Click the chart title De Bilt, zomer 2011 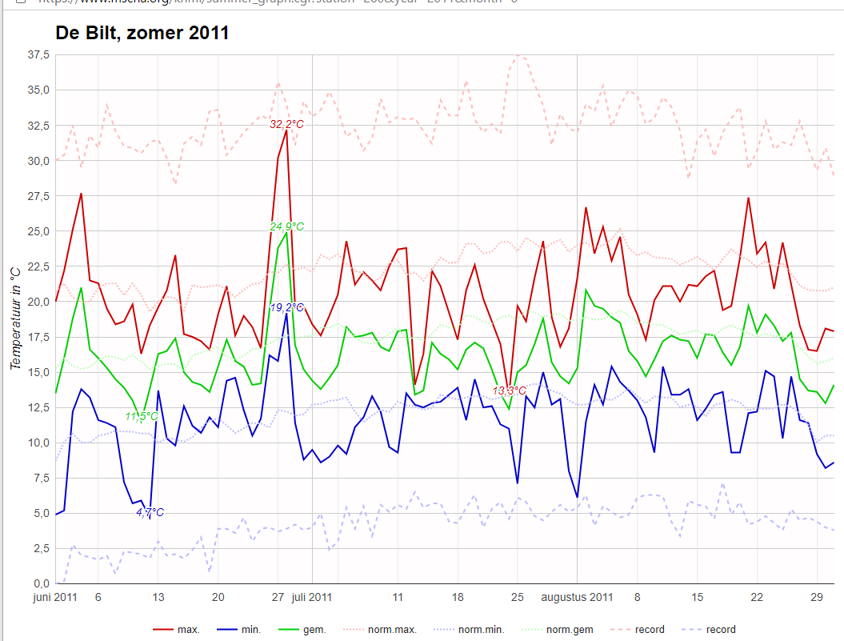tap(142, 34)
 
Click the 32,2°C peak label tap(286, 124)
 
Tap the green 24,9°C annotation tap(286, 226)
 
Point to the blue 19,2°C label tap(287, 307)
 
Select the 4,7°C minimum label tap(150, 512)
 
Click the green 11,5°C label tap(142, 416)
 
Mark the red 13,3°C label tap(510, 391)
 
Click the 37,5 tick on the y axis tap(38, 54)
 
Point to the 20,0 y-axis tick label tap(38, 302)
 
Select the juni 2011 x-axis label tap(55, 597)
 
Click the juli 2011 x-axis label tap(312, 597)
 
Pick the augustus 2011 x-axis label tap(577, 597)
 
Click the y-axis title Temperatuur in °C tap(16, 318)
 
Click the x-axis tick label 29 tap(818, 597)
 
